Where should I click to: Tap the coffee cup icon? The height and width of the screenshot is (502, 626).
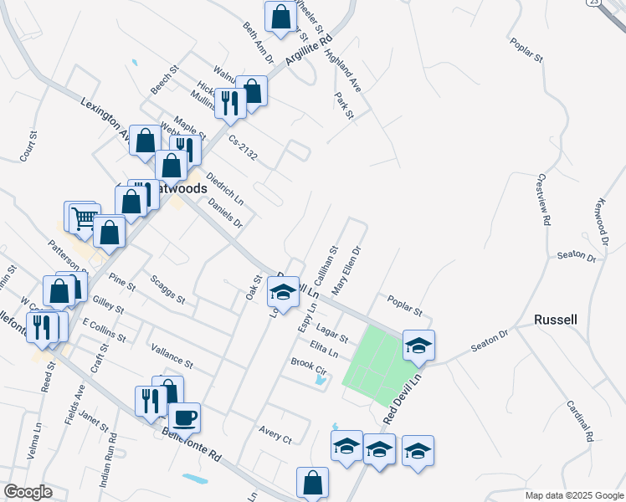(184, 417)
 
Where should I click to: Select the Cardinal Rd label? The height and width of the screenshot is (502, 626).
(580, 420)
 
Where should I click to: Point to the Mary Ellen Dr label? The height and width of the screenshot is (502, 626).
(346, 270)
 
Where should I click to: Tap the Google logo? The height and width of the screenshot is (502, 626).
(27, 492)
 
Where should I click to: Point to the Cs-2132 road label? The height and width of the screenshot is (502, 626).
(243, 148)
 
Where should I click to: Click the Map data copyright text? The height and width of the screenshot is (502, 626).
(573, 495)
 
